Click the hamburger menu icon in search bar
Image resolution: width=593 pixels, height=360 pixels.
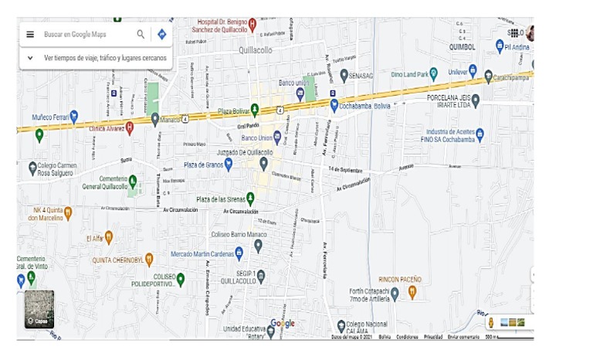tap(30, 34)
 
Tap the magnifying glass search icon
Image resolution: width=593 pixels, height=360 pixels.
tap(141, 34)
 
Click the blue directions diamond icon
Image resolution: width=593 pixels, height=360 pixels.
tap(161, 34)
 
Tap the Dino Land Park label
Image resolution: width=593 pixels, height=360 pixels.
tap(408, 74)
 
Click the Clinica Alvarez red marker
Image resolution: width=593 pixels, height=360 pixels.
tap(130, 127)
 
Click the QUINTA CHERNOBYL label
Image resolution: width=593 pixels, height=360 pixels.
tap(117, 260)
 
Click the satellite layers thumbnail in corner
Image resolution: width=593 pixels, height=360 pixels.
tap(39, 309)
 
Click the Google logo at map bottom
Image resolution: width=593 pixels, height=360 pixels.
tap(283, 324)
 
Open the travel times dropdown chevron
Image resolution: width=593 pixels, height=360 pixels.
tap(30, 57)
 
